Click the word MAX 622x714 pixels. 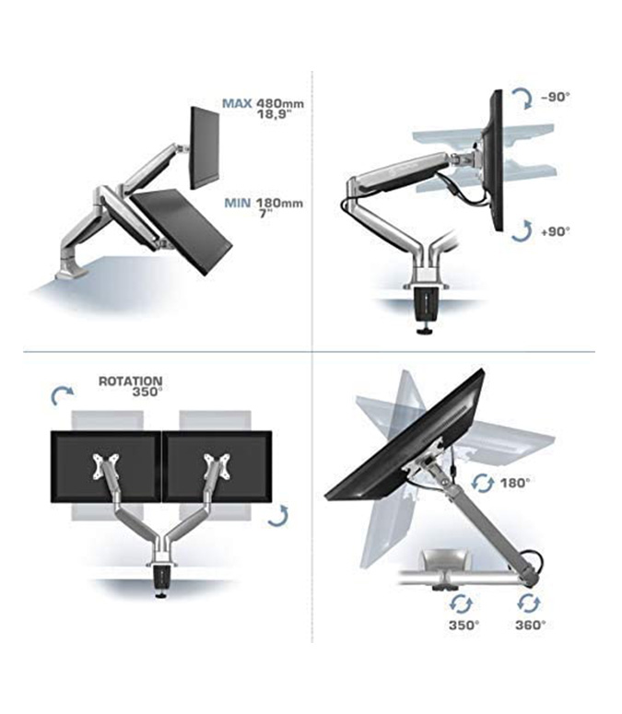(236, 104)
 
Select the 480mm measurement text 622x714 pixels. (279, 104)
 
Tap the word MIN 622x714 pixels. (237, 203)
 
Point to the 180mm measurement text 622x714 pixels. (279, 203)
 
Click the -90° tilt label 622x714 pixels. (555, 97)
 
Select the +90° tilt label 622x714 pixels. (555, 231)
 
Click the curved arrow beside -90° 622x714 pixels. (522, 98)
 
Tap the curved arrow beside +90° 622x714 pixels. (522, 230)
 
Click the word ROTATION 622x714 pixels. (130, 380)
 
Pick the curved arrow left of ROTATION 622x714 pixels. (61, 394)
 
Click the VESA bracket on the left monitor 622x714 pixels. (106, 466)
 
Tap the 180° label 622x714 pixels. (515, 483)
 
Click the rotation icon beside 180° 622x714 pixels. (482, 483)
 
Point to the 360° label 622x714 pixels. (531, 626)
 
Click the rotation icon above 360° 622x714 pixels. (529, 603)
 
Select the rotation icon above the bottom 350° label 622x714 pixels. (461, 604)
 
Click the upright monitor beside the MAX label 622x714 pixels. (205, 148)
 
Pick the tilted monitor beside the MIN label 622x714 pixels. (182, 231)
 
